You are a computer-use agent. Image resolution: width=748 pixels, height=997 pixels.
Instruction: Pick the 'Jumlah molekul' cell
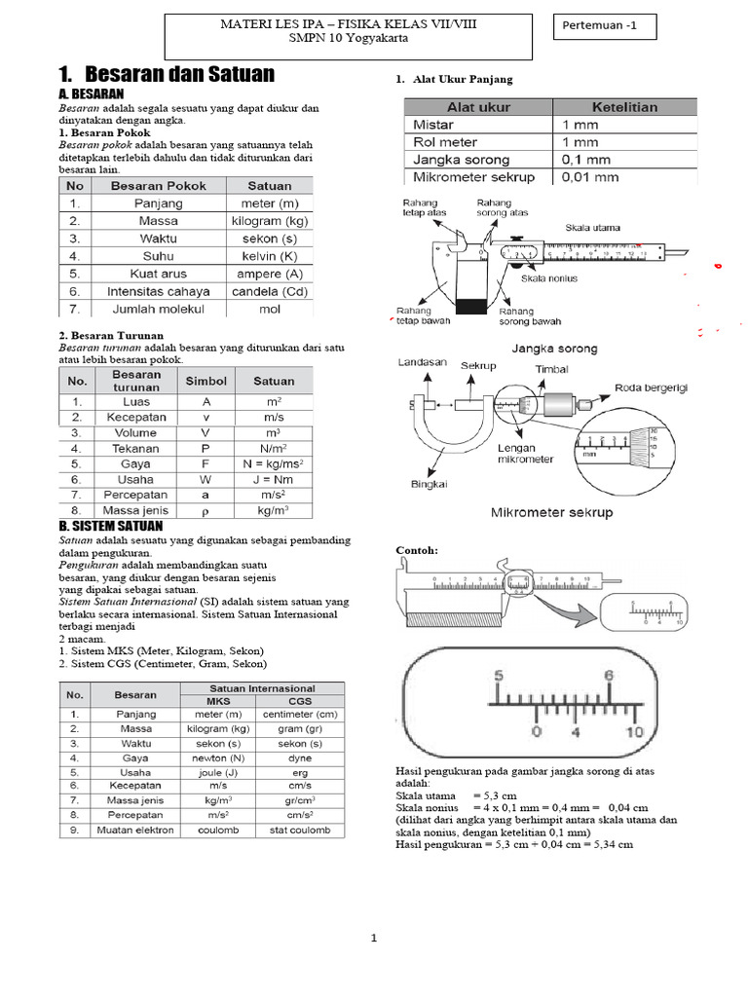click(160, 309)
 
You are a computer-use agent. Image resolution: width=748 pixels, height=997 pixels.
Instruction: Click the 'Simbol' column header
click(206, 382)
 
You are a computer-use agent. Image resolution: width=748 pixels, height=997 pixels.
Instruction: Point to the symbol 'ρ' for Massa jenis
click(206, 510)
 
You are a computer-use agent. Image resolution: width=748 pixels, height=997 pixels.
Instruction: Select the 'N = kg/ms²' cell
click(274, 464)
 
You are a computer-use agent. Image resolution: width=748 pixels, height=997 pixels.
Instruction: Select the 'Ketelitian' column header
click(624, 107)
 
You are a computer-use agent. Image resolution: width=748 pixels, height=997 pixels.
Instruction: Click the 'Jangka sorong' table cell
click(461, 160)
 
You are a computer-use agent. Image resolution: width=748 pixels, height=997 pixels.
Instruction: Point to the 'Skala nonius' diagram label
click(549, 278)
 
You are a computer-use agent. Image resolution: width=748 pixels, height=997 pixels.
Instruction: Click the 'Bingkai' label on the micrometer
click(429, 483)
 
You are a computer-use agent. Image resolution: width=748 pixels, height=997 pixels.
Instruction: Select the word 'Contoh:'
click(417, 550)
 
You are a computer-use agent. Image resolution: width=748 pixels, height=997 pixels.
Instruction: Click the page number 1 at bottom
click(373, 939)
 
